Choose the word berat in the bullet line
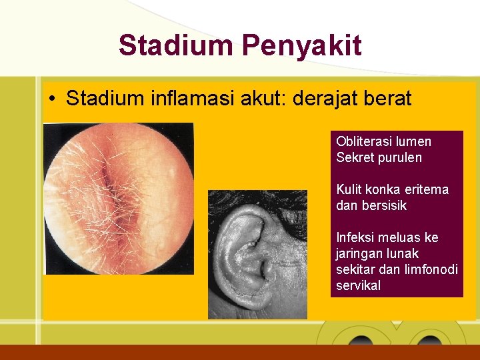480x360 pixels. pos(393,99)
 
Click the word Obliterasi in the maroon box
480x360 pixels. pos(364,141)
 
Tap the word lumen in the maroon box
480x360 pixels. pos(413,141)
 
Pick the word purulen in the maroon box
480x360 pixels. pos(400,157)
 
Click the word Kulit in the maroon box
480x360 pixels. pos(349,189)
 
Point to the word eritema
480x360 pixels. pos(427,189)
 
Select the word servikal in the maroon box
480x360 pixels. pos(359,285)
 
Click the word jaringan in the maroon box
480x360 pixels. pos(360,253)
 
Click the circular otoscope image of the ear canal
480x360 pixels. pos(118,198)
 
